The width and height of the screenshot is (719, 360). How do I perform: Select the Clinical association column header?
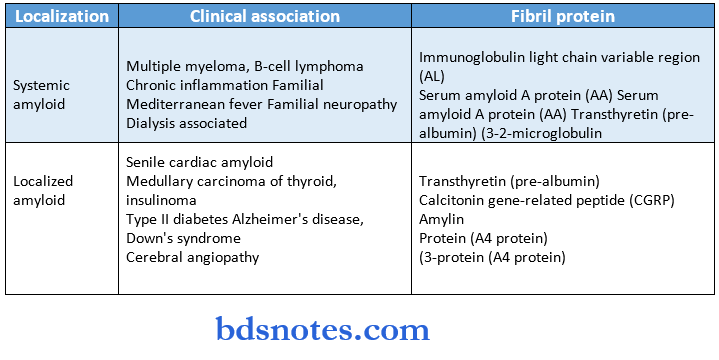[x=265, y=17]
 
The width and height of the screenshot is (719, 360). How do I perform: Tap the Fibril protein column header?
[x=564, y=17]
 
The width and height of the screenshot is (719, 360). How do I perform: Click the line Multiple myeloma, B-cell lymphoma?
[x=245, y=66]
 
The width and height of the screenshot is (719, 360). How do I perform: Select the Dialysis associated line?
[x=188, y=123]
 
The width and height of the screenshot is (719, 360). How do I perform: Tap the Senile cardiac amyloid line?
[x=200, y=162]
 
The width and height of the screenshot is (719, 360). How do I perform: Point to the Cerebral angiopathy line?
[x=192, y=257]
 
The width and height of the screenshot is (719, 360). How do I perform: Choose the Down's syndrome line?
[x=183, y=238]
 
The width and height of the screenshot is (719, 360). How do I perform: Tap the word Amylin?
[x=442, y=219]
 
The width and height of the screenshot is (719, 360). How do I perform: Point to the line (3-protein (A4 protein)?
[x=492, y=257]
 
